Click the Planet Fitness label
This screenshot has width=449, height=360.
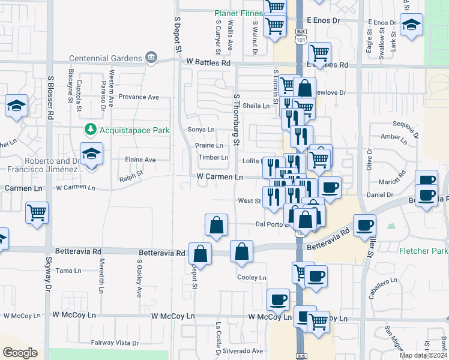(x=239, y=14)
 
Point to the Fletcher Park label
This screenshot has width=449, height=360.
(x=423, y=251)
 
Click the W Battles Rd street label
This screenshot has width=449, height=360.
(x=208, y=62)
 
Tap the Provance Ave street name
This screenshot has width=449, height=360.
(x=138, y=97)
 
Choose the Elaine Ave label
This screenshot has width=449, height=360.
(x=140, y=160)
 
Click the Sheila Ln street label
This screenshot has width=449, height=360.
(x=257, y=106)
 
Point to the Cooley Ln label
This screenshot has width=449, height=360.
(x=252, y=278)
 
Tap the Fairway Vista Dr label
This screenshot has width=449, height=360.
(x=115, y=343)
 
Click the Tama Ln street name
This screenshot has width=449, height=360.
(x=64, y=271)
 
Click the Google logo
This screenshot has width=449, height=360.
(x=20, y=353)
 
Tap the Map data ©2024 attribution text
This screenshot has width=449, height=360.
(x=423, y=355)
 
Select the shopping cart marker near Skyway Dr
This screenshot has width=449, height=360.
(x=37, y=212)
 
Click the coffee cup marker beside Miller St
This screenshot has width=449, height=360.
(x=365, y=226)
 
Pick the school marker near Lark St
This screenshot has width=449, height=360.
(x=411, y=25)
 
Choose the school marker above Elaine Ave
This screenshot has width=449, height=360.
(x=91, y=154)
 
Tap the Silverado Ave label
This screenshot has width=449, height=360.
(x=244, y=351)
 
